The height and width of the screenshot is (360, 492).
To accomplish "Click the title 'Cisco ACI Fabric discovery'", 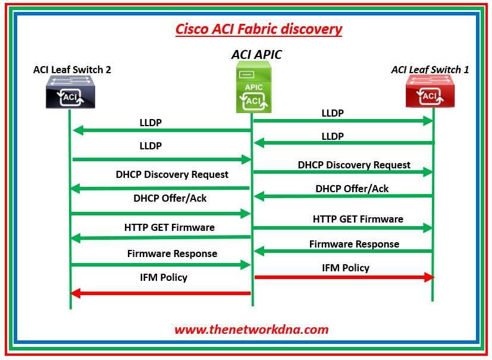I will [259, 29].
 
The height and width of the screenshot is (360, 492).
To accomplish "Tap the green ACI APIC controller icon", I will [253, 89].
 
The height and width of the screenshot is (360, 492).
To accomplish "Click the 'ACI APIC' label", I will [256, 55].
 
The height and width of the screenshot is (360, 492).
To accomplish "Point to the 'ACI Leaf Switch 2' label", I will [72, 70].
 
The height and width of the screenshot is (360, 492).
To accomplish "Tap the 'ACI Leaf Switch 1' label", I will [430, 70].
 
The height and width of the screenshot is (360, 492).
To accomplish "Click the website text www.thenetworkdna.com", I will [251, 329].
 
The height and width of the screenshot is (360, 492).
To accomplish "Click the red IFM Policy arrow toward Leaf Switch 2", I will [161, 293].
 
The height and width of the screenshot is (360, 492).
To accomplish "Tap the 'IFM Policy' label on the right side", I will [346, 268].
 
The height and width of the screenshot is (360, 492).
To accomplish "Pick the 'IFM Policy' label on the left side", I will [164, 277].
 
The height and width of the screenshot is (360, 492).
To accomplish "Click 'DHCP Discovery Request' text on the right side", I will [354, 164].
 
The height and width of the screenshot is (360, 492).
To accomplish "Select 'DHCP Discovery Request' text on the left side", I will [172, 174].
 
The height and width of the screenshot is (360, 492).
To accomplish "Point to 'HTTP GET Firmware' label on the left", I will [170, 227].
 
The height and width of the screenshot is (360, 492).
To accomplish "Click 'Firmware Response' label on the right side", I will [354, 244].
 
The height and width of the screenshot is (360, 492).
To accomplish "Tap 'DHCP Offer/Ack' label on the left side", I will [170, 198].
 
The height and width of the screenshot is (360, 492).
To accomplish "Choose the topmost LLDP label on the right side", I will [333, 112].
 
